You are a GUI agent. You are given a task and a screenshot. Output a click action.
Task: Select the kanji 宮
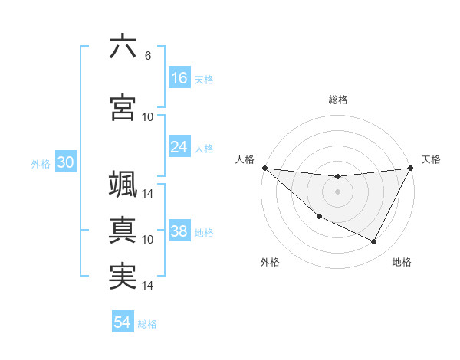[123, 107]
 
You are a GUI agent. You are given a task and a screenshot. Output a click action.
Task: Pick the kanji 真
[123, 231]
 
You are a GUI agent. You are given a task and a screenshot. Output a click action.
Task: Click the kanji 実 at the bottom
[123, 277]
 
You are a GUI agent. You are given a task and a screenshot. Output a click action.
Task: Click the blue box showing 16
[179, 78]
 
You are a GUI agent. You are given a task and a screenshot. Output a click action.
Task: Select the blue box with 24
[179, 147]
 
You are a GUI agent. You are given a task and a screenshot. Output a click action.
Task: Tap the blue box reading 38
[179, 231]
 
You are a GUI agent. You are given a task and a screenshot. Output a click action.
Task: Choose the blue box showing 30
[65, 162]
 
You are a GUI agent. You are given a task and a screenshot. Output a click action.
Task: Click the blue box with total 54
[123, 322]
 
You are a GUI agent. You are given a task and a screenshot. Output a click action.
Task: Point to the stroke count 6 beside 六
[147, 55]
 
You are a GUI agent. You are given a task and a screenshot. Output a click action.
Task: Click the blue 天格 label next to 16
[204, 80]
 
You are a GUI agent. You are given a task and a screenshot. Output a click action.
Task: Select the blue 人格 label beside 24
[204, 149]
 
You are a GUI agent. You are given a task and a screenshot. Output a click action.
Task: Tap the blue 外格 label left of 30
[41, 163]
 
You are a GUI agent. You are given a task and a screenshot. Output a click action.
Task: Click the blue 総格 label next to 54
[147, 324]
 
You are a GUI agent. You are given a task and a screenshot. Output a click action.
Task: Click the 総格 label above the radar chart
[337, 100]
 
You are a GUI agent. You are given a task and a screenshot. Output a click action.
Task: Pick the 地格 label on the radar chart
[402, 263]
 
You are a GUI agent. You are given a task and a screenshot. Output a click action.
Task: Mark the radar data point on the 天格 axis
[411, 168]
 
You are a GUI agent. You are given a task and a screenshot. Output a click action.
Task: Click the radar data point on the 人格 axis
[264, 168]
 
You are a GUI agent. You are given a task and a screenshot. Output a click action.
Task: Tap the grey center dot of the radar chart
[337, 191]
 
